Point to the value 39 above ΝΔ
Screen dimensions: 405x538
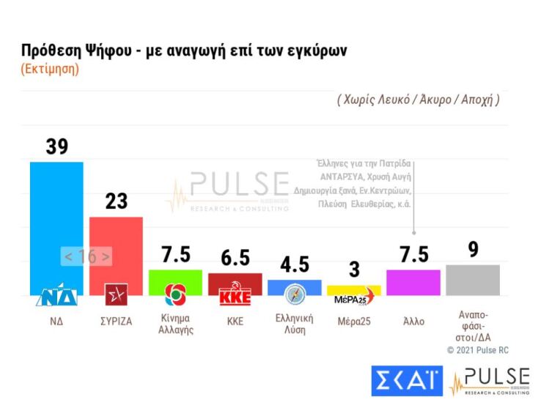tap(56, 146)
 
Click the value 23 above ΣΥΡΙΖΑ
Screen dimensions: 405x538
tap(117, 201)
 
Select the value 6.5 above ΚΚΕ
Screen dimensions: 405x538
tap(235, 258)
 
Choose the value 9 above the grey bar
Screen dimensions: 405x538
tap(473, 250)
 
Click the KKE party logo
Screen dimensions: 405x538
tap(235, 296)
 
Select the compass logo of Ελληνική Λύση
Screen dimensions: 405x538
tap(295, 294)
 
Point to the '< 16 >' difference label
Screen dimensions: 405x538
tap(86, 257)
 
